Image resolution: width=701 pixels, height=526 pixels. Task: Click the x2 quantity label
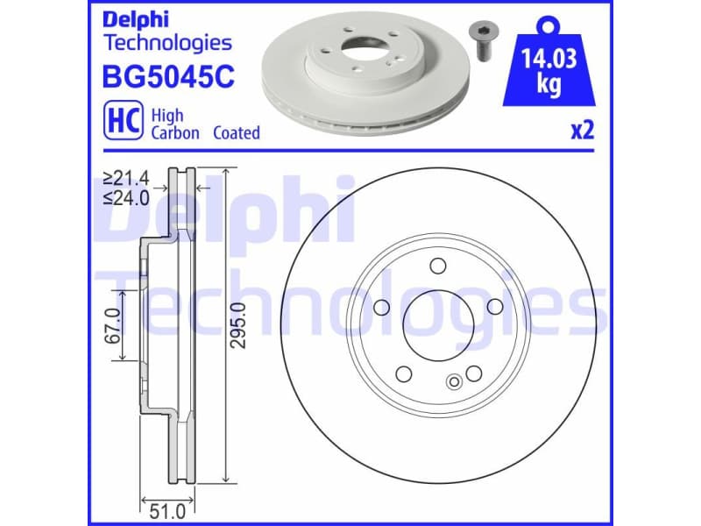pos(582,131)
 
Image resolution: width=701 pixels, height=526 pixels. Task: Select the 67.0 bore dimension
pos(113,324)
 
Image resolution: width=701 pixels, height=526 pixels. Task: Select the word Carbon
pos(175,132)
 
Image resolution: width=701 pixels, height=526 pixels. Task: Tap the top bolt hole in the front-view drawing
pos(438,267)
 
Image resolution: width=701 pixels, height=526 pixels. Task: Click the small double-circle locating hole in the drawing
pos(453,381)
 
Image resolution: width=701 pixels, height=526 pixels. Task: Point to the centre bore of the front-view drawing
pos(438,323)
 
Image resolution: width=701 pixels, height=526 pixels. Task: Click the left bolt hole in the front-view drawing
pos(381,307)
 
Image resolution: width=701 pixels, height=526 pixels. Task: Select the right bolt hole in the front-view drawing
pos(494,306)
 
